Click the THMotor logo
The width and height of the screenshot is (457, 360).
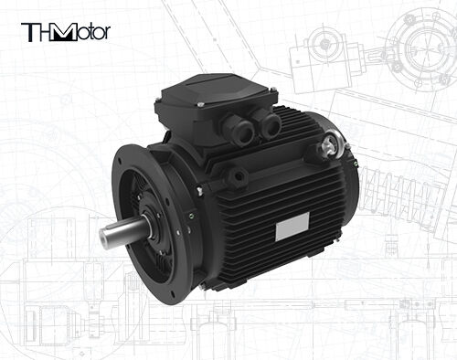[x=65, y=32]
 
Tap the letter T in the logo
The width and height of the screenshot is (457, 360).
[x=28, y=32]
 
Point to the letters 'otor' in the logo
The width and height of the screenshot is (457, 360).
[x=91, y=33]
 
